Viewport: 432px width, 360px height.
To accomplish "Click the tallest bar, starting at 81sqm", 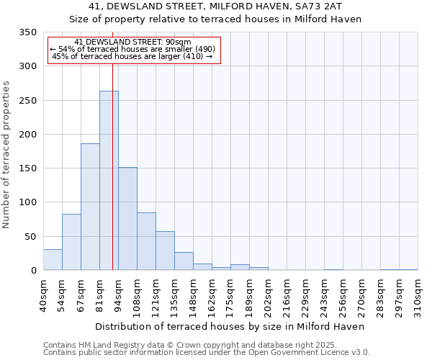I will [x=109, y=180].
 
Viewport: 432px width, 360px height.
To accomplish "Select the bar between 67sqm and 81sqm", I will [x=90, y=207].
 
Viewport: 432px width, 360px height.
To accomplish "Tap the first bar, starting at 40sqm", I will [x=53, y=259].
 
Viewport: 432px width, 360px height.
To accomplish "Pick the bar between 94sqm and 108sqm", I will [x=127, y=218].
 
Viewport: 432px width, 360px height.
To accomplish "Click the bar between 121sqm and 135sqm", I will [x=165, y=251].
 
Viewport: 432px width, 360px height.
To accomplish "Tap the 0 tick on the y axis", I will [x=32, y=271].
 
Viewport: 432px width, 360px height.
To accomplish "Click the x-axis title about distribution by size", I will [x=230, y=326].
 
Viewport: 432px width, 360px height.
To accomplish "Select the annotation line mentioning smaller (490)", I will [x=132, y=49].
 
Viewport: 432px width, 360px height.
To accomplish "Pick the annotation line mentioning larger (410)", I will [x=132, y=56].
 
